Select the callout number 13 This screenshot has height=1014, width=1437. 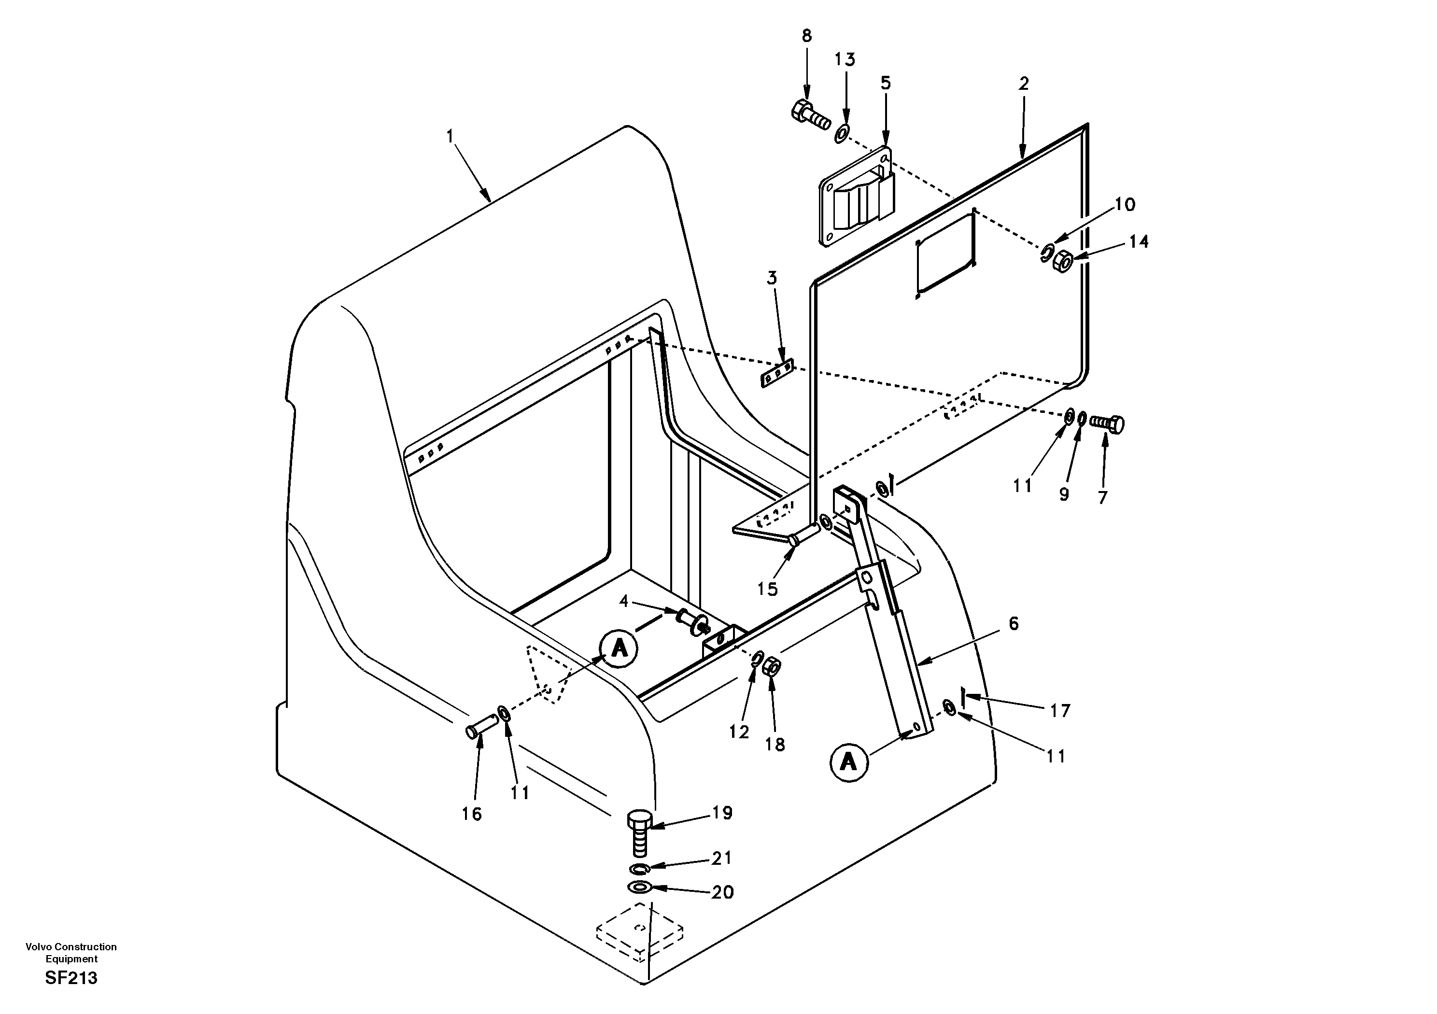tap(845, 59)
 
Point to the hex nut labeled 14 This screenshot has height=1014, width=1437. tap(1063, 259)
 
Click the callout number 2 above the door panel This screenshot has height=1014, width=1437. tap(1023, 83)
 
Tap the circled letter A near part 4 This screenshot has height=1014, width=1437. tap(619, 648)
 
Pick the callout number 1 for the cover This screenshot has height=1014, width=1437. tap(450, 136)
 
